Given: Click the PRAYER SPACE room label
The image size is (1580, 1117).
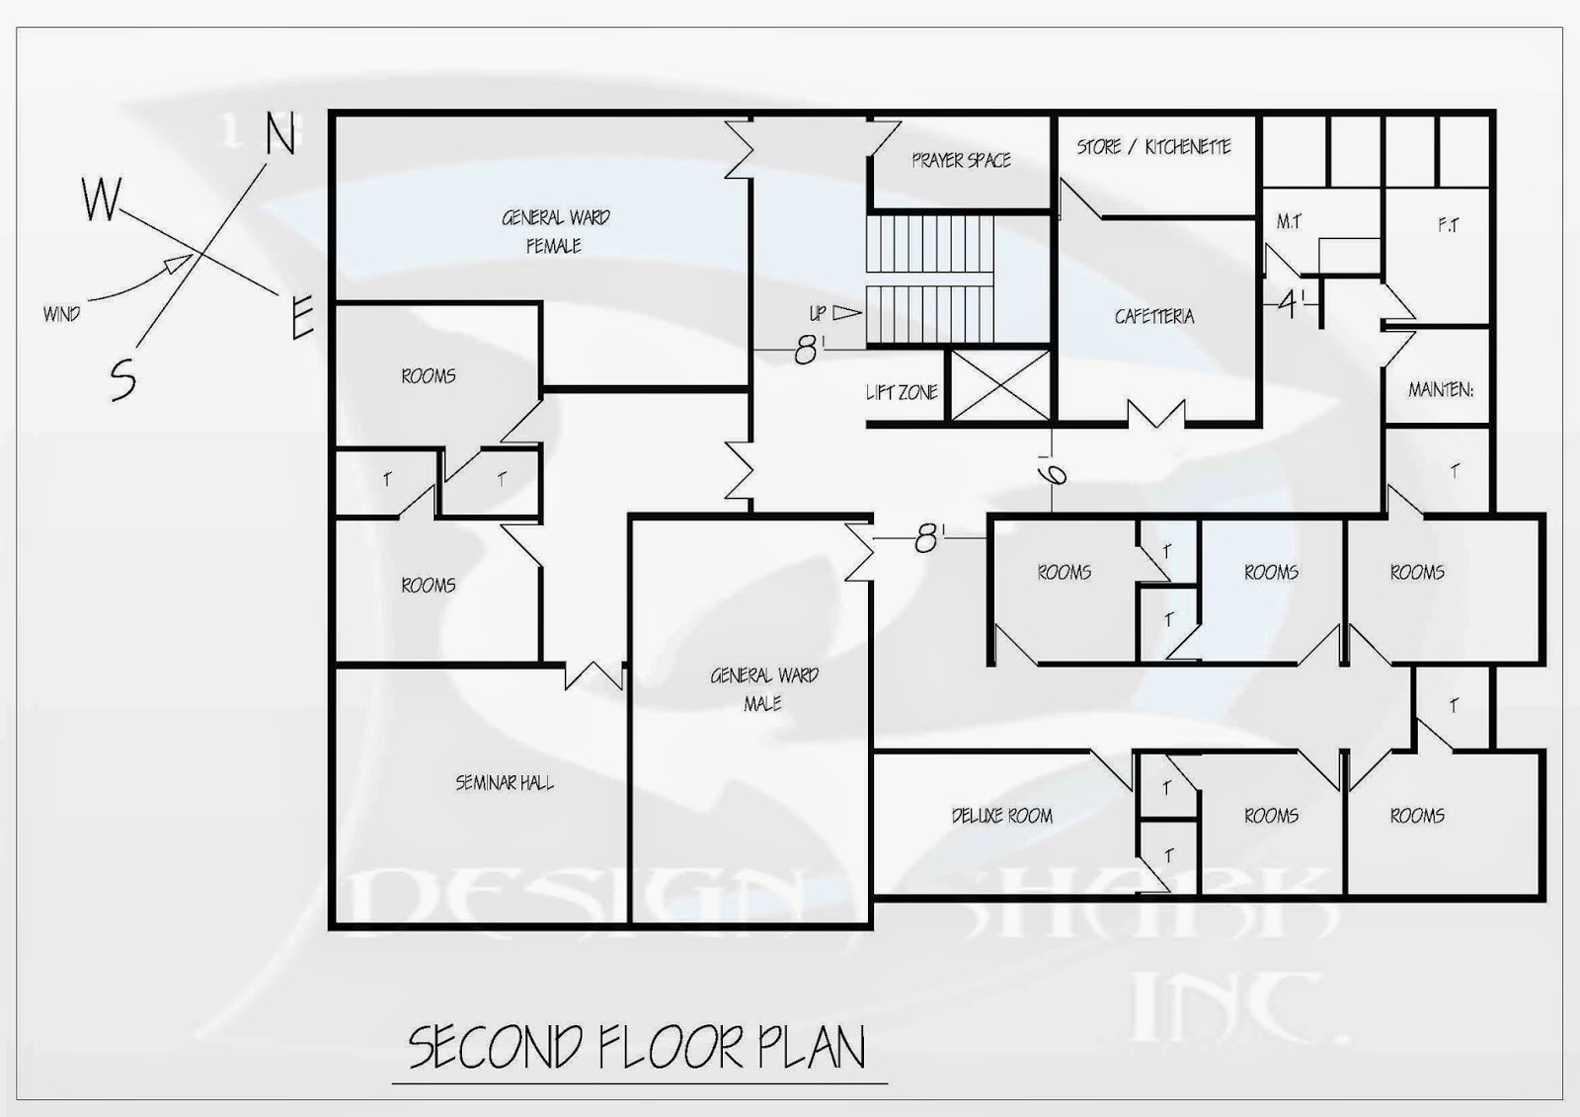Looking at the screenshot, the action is coord(962,160).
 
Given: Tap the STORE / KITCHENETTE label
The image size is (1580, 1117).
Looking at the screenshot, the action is coord(1153,147).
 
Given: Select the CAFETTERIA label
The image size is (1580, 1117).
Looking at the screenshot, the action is coord(1154,316).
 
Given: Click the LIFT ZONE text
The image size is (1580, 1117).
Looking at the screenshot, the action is coord(903,392).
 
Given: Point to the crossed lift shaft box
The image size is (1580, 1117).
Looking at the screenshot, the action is coord(1000,386).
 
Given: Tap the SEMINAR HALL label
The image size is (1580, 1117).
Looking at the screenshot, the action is coord(505,782).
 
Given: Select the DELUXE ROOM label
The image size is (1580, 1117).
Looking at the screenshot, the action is coord(1002,816).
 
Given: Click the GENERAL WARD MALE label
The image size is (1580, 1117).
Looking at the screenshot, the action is coord(764,689).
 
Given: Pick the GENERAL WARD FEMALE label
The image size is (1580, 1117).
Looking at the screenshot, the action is coord(556,231).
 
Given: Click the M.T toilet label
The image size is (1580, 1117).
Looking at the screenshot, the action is coord(1289,222).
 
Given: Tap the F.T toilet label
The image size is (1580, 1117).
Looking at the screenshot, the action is coord(1448,225).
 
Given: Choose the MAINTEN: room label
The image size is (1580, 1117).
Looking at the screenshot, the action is coord(1441,389).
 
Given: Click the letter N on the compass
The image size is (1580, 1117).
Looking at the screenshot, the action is coord(280,134).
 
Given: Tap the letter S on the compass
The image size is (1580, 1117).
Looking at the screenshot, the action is coord(123,379).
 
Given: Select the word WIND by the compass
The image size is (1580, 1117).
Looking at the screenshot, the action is coord(61,314).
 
